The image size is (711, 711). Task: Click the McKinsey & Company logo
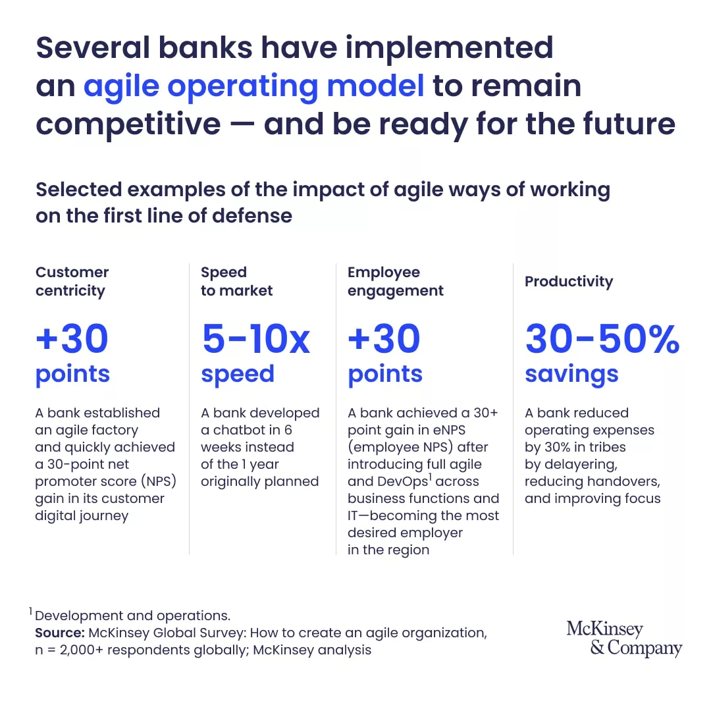624,639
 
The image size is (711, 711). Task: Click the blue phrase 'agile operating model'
254,86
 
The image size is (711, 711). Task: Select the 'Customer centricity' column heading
72,281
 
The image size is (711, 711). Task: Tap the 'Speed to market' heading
237,281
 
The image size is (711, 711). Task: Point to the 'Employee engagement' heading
396,281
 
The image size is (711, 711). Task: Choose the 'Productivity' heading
569,282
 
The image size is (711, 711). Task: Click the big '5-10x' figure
256,339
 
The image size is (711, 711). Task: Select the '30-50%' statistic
602,339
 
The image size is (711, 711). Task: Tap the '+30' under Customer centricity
72,339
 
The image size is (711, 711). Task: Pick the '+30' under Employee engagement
384,339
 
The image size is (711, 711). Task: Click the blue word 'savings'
571,375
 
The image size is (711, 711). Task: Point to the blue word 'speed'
238,375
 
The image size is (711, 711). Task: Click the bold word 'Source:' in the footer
60,633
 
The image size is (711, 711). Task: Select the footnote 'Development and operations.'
132,616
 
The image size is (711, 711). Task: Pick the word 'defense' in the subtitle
252,216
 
